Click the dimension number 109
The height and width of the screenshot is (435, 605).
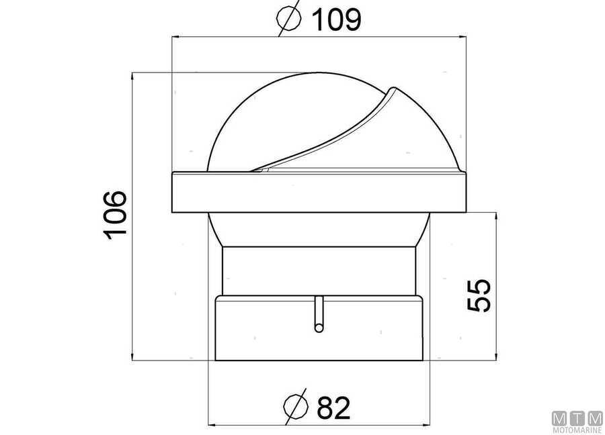[336, 20]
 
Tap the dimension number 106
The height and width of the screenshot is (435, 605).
[115, 215]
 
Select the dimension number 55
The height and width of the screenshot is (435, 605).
[479, 295]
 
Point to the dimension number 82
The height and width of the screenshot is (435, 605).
[333, 407]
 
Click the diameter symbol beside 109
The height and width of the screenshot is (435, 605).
[289, 18]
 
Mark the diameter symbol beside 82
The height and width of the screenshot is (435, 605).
[296, 407]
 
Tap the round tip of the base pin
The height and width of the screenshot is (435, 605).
[319, 328]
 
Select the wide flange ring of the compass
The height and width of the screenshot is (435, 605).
[319, 192]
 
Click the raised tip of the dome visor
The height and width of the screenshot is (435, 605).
[393, 89]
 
